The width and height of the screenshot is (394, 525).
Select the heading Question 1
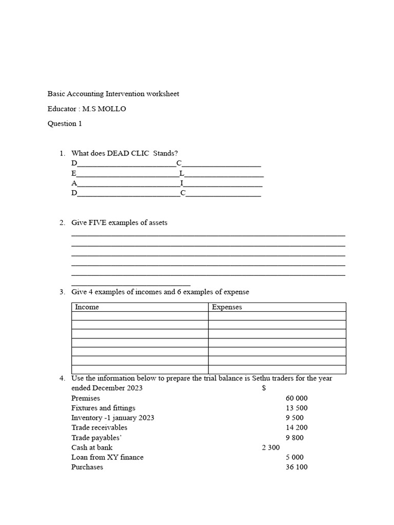pos(65,124)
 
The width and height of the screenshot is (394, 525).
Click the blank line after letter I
pos(223,186)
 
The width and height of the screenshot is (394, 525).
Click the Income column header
pos(87,307)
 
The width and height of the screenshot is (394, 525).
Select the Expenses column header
pos(227,307)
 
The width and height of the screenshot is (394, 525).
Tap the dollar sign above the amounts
pos(264,388)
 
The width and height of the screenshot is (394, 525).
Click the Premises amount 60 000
pos(297,398)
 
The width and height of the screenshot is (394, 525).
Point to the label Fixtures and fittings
pos(103,408)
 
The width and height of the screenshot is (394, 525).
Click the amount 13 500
pos(297,408)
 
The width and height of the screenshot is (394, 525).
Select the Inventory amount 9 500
pos(298,418)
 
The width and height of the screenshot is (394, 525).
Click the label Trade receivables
pos(99,428)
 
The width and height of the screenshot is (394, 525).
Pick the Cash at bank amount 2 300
pos(270,448)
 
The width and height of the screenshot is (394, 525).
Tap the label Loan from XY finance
pos(107,457)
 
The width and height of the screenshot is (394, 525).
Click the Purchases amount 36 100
pos(297,467)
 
